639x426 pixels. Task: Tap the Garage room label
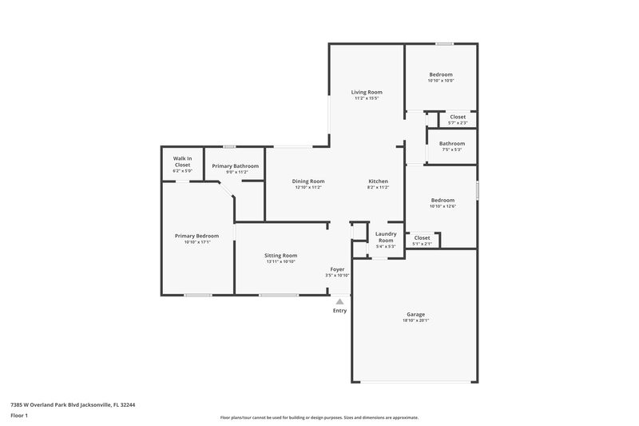click(415, 314)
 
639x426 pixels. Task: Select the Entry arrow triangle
click(339, 301)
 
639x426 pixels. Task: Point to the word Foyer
click(338, 269)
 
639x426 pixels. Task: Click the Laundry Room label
click(386, 237)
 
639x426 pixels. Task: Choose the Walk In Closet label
click(182, 163)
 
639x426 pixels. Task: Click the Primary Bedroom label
click(196, 236)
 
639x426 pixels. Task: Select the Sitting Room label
click(280, 255)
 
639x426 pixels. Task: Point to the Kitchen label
click(378, 181)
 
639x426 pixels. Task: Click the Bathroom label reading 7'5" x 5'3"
click(452, 144)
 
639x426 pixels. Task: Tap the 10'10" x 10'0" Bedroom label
click(441, 74)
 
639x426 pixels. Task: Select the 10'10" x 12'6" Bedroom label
click(443, 200)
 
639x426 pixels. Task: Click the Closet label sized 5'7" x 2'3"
click(458, 117)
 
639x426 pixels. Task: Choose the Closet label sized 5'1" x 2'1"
click(422, 237)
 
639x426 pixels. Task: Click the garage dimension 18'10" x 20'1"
click(415, 320)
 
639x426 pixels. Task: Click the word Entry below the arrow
click(339, 310)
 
